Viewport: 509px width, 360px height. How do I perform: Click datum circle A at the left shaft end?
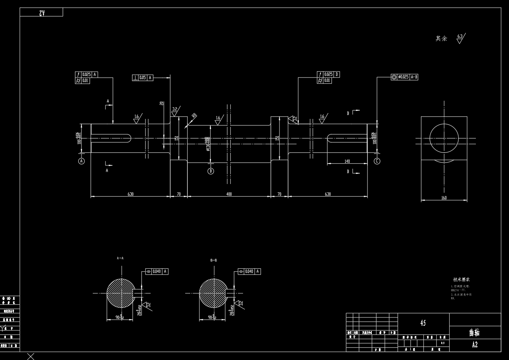point(81,161)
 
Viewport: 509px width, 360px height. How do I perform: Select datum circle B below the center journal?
point(211,171)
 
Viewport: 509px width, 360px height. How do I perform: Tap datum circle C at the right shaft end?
point(377,161)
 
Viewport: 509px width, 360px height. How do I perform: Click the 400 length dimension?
point(229,194)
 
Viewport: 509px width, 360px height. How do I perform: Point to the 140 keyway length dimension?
point(347,161)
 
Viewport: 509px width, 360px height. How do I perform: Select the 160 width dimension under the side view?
point(444,198)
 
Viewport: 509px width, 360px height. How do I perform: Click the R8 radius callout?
point(194,116)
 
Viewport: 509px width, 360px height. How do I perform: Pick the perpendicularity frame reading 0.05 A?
point(143,77)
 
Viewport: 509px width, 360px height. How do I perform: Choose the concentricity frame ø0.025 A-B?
point(404,77)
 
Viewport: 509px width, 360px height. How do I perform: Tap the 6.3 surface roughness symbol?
point(460,38)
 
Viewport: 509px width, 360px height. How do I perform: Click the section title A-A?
point(120,258)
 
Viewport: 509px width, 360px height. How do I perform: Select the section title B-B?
point(214,260)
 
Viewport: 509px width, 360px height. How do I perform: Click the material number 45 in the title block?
point(423,323)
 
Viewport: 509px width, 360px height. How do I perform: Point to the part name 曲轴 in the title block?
point(474,332)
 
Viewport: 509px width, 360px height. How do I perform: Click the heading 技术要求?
point(461,280)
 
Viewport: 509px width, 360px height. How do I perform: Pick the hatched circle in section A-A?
point(120,293)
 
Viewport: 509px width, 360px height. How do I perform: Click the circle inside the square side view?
point(444,138)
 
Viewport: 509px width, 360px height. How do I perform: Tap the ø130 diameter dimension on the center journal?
point(208,144)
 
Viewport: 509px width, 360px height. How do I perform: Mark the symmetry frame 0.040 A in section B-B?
point(249,271)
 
